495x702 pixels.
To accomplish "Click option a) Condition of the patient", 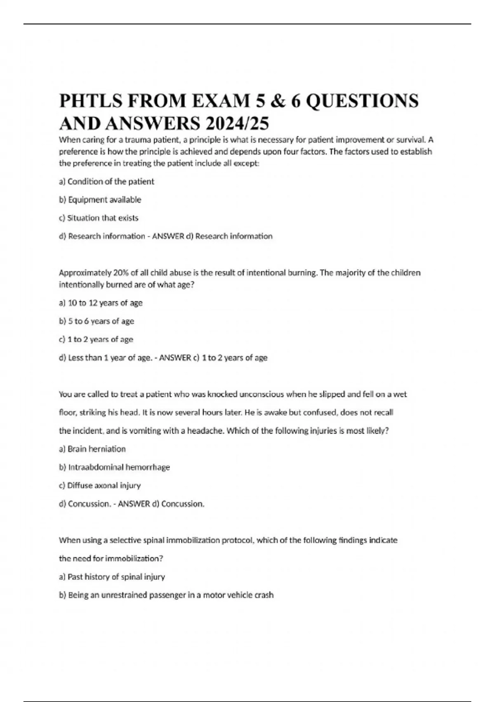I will click(x=106, y=182).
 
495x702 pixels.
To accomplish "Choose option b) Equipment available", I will click(x=100, y=200).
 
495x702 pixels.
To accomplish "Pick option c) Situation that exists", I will click(x=99, y=218).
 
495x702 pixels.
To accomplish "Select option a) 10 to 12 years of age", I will click(x=101, y=303).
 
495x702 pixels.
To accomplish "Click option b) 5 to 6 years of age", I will click(x=97, y=321).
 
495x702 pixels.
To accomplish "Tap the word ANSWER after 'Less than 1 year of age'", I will click(x=175, y=358).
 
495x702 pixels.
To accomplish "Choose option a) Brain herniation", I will click(x=92, y=449).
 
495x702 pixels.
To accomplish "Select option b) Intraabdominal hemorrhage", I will click(x=114, y=467).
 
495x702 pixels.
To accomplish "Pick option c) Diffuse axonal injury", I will click(x=100, y=486).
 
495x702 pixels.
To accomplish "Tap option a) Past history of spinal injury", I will click(x=112, y=577).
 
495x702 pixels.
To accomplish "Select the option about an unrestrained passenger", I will click(x=166, y=595).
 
